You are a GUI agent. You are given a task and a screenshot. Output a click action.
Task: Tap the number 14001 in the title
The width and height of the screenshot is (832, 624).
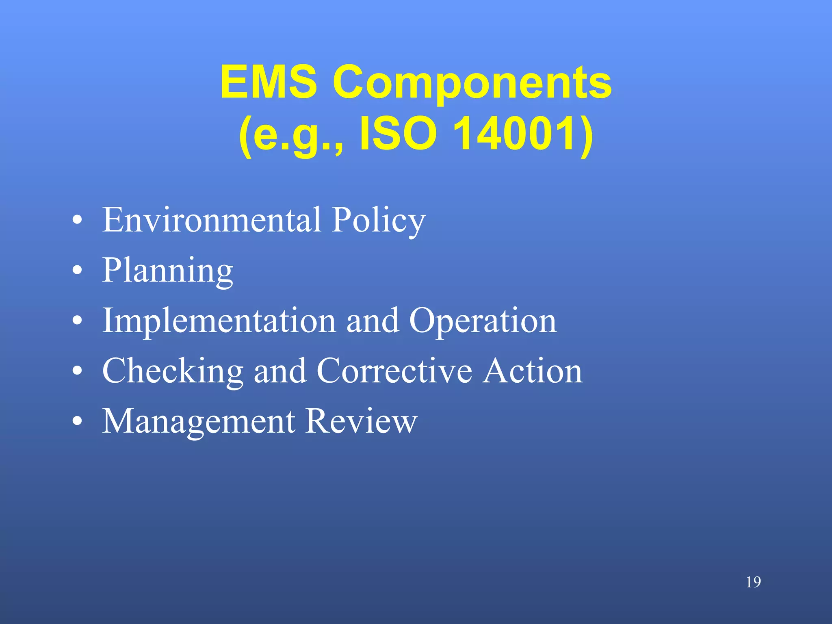[522, 134]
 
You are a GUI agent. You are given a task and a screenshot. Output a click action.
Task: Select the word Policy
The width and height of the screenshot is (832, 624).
[378, 221]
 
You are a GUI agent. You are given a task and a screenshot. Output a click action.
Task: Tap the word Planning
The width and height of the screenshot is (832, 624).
[167, 271]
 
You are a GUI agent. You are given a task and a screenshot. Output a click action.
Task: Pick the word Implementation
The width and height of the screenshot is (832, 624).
[219, 321]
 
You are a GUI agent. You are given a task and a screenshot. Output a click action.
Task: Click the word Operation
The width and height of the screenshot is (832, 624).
[483, 321]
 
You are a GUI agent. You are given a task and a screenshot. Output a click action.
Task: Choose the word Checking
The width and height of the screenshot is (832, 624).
[173, 371]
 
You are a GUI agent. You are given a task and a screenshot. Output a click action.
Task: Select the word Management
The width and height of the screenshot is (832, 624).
[199, 422]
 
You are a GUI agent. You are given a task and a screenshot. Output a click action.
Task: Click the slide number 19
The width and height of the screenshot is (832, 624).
[753, 582]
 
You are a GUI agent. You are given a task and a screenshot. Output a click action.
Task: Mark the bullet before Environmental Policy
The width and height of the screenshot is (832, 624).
[77, 221]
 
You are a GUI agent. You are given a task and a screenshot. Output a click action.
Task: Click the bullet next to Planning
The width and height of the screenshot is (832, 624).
[77, 271]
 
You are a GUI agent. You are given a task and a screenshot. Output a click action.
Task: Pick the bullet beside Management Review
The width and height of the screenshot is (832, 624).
[77, 422]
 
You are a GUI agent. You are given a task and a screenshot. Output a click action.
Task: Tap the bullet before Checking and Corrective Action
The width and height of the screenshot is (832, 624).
[77, 371]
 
